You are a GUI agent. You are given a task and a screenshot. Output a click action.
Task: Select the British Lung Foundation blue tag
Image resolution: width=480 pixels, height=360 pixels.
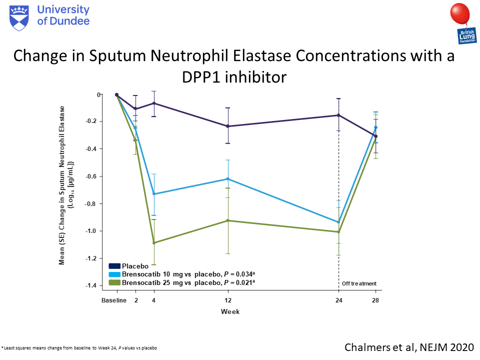465,36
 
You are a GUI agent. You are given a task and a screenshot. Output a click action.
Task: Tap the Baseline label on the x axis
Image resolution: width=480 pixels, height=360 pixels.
113,301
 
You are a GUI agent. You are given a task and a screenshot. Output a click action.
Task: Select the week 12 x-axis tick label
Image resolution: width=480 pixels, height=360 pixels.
228,301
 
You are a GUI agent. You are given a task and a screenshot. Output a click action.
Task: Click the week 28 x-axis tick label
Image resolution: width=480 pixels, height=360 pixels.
375,301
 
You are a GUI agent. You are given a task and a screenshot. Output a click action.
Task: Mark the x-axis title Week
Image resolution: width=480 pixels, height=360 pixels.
230,311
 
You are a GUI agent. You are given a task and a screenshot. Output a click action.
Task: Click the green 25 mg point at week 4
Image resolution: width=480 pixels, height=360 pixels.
154,243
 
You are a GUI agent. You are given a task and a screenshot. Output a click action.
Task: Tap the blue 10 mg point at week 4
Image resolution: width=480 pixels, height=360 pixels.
154,194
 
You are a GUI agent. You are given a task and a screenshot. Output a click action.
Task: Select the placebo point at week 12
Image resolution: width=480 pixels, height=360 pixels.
228,126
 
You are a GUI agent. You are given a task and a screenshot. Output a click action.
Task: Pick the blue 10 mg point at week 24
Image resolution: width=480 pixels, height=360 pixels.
338,222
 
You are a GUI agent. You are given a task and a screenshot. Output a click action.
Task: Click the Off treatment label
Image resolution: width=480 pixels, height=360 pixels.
359,284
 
